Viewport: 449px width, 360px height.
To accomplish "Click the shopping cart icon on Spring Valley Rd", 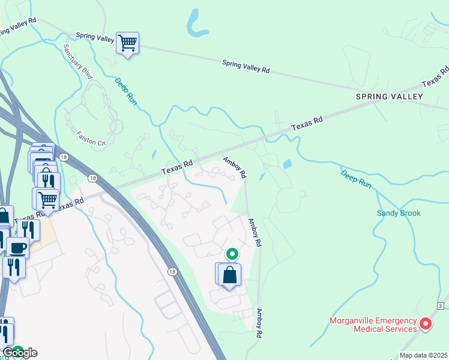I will (127, 43).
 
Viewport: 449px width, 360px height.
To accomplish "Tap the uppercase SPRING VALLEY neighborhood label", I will (390, 97).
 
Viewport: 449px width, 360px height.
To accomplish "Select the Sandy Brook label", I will (399, 213).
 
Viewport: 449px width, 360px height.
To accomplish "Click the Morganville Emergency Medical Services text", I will (373, 325).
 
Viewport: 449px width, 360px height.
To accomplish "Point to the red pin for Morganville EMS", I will (426, 324).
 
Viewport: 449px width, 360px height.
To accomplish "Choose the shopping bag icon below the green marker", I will (230, 275).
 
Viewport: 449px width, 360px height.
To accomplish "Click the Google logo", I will (19, 353).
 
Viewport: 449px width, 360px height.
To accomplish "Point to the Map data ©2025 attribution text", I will (423, 355).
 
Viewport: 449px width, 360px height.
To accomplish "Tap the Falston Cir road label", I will (91, 139).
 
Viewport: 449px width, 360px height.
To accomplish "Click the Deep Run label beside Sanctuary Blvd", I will (126, 92).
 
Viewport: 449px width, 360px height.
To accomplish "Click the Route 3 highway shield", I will (440, 306).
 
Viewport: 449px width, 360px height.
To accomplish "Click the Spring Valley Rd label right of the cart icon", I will (246, 66).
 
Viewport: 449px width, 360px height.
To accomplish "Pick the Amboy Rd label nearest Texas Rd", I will (235, 167).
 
